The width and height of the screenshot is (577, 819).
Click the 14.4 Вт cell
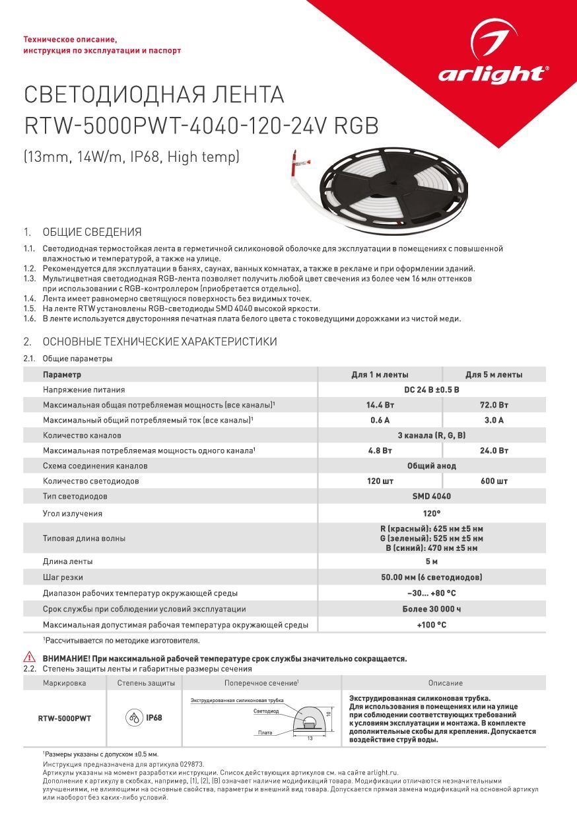[x=380, y=405]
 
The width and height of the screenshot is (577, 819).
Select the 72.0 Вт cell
[x=494, y=405]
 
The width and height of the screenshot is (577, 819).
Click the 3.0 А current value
[x=494, y=420]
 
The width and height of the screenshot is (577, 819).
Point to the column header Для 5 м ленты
[x=494, y=374]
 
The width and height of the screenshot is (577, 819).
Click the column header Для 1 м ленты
[x=380, y=374]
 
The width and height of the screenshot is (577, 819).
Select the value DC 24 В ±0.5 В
[x=432, y=390]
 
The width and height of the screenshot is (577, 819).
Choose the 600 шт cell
[x=494, y=481]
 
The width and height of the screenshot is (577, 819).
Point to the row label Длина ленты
[x=68, y=561]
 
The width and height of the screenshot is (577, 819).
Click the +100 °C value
[x=432, y=625]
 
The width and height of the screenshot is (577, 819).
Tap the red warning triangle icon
[x=30, y=657]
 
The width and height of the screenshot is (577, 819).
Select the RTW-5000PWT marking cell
[x=65, y=718]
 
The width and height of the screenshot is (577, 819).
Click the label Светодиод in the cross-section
[x=265, y=711]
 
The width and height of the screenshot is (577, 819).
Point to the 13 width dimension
[x=310, y=738]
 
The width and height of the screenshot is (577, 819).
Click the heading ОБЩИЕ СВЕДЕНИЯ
[x=92, y=232]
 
